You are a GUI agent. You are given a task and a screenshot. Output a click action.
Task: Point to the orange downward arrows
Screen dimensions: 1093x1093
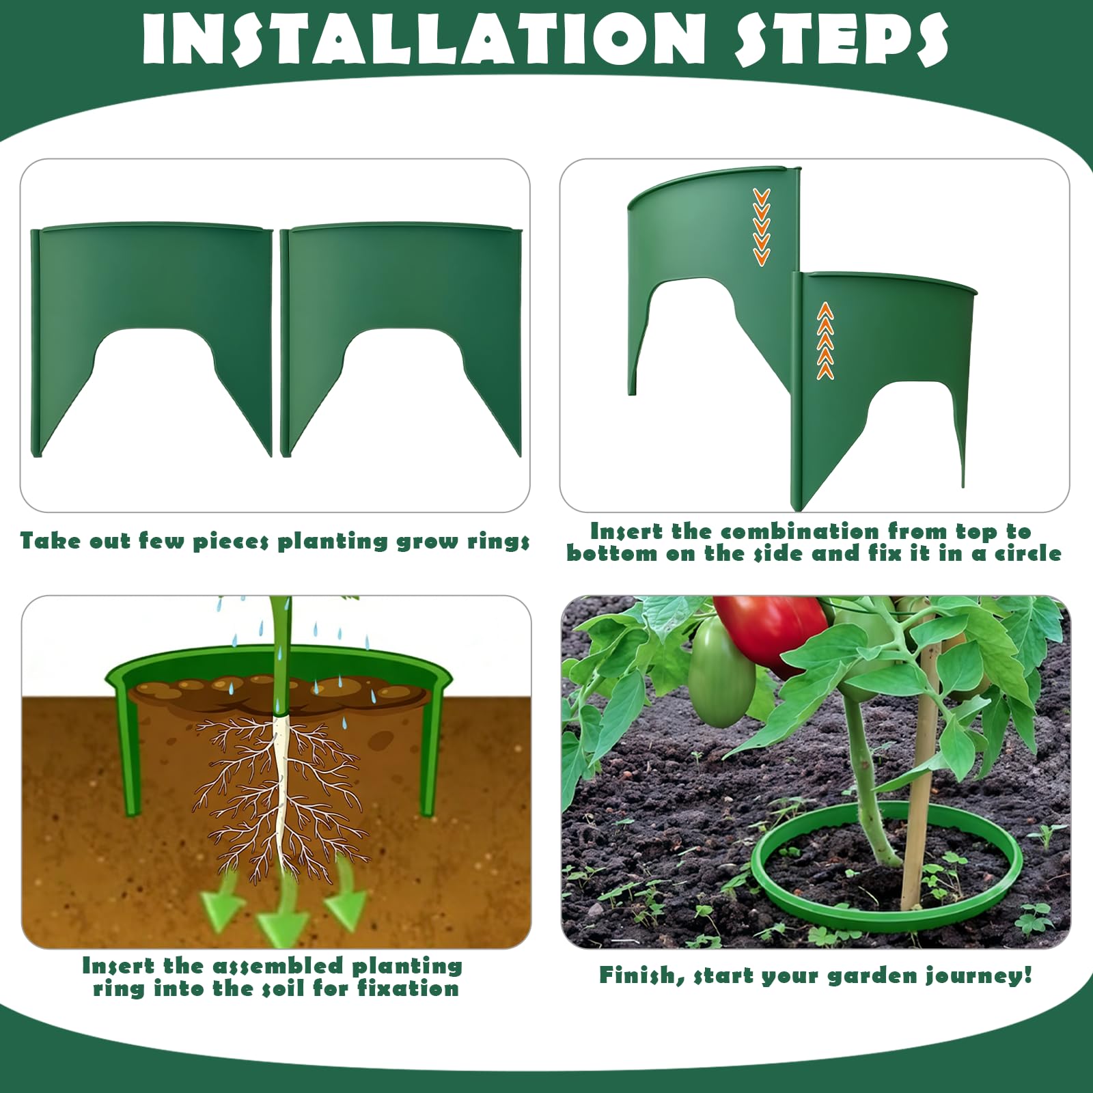pyautogui.click(x=761, y=227)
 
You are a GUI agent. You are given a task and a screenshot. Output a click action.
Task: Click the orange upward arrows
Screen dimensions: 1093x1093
pyautogui.click(x=825, y=340)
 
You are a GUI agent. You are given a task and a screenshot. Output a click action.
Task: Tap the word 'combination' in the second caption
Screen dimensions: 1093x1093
pyautogui.click(x=800, y=531)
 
